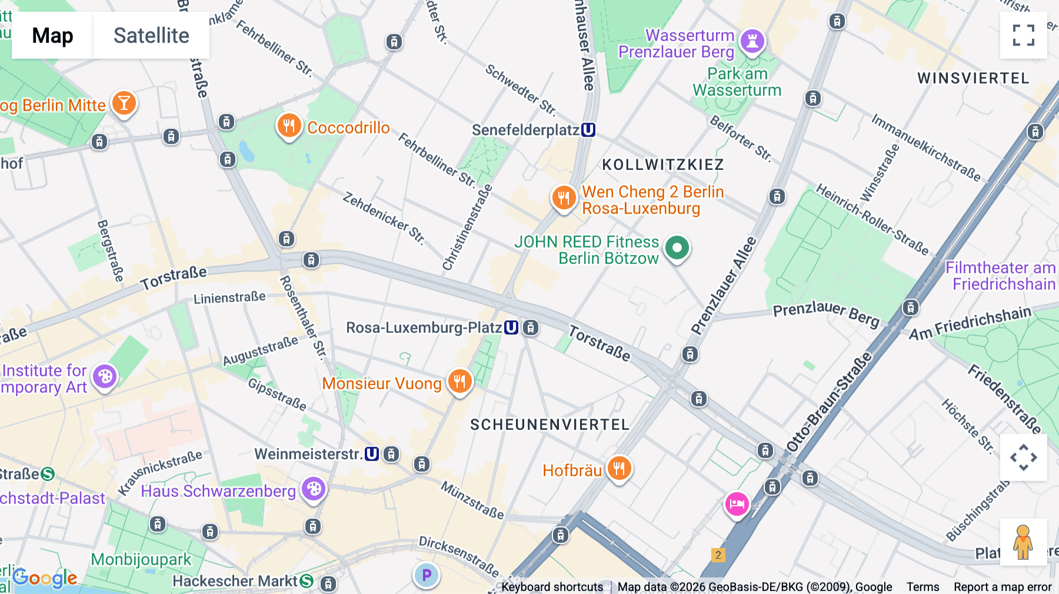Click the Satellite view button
tap(151, 35)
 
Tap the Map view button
tap(52, 35)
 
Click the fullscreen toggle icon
tap(1023, 35)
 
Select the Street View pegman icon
tap(1023, 542)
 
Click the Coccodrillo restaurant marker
tap(289, 126)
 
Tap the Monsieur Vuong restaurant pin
tap(459, 382)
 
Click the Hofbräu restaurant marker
tap(619, 469)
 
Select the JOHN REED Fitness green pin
tap(677, 248)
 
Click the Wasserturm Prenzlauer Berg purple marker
tap(752, 41)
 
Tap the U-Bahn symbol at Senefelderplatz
tap(588, 130)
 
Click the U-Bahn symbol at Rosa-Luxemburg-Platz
tap(511, 328)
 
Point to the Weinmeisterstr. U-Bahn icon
tap(372, 454)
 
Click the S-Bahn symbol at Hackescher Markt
tap(307, 581)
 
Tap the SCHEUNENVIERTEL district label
tap(550, 425)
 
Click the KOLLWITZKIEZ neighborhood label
tap(663, 165)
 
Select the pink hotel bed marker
tap(737, 504)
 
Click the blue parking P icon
tap(427, 575)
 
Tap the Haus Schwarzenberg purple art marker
tap(314, 489)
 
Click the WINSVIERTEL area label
tap(973, 78)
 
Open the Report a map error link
tap(1002, 587)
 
